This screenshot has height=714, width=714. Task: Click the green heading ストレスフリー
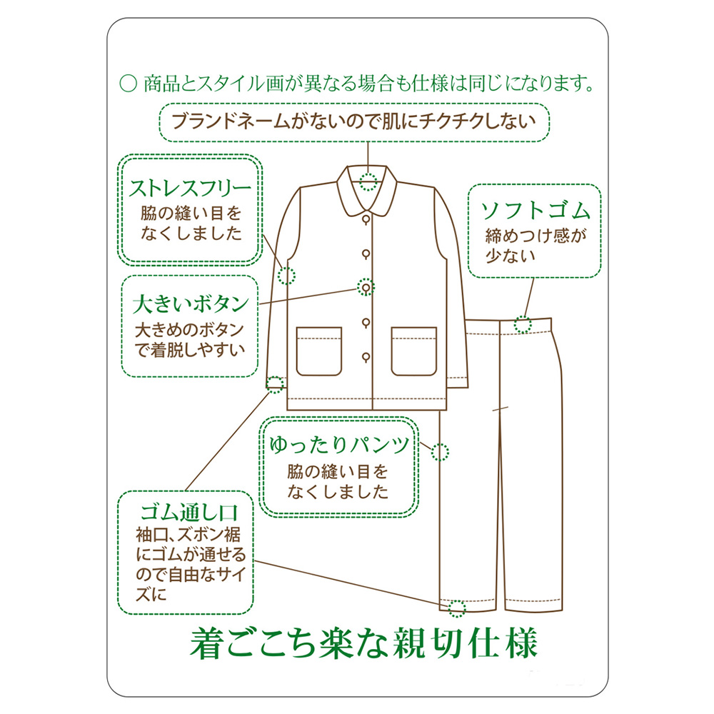(190, 188)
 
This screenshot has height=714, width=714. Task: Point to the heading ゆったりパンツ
(339, 446)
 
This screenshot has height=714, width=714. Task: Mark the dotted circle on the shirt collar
(368, 181)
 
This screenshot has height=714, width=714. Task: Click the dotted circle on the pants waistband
(524, 325)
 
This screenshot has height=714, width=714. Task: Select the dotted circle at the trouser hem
(457, 609)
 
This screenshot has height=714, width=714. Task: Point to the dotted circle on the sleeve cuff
(274, 385)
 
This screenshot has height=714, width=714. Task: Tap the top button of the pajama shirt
(366, 218)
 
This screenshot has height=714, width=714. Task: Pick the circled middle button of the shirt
(366, 287)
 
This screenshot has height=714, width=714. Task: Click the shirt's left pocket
(319, 350)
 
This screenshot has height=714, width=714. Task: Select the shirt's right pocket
(413, 350)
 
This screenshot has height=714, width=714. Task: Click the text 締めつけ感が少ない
(535, 245)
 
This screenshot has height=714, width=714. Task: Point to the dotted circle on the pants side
(440, 451)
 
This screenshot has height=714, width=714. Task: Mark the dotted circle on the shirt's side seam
(287, 275)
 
